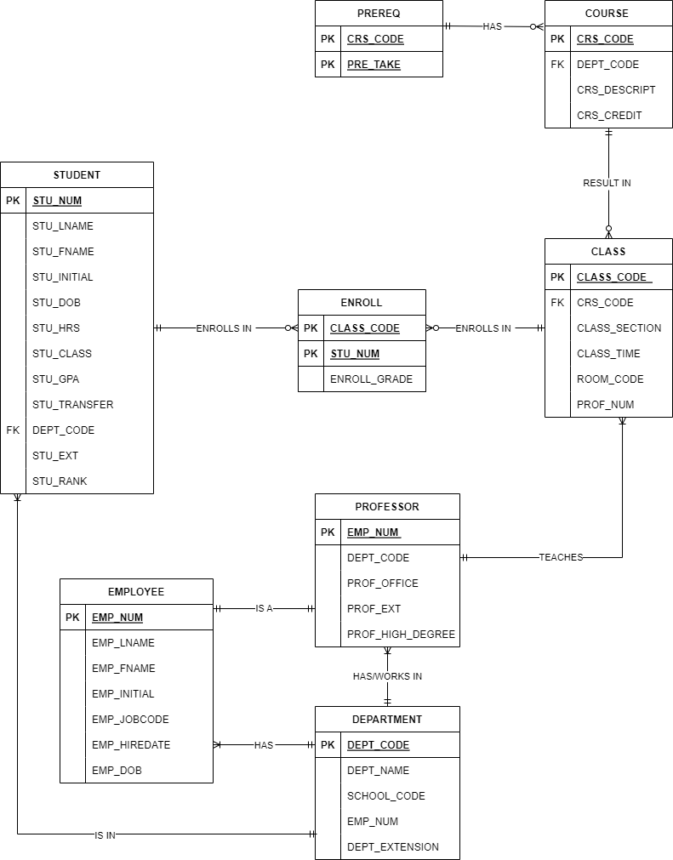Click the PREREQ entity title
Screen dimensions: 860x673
[379, 13]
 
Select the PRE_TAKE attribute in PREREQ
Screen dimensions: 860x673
[374, 65]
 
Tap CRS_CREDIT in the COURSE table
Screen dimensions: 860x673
[609, 116]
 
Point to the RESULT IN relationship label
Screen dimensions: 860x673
[607, 183]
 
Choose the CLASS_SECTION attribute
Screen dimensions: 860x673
[619, 328]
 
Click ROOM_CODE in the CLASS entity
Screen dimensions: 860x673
[610, 379]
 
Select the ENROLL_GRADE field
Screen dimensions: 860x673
[371, 379]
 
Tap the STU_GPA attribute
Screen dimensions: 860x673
[56, 379]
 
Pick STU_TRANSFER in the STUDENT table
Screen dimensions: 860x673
[73, 405]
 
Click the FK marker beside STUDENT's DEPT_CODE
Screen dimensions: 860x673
[13, 430]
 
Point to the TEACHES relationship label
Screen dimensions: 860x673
[561, 558]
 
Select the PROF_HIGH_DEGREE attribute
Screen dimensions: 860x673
[401, 635]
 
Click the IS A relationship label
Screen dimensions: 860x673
[264, 609]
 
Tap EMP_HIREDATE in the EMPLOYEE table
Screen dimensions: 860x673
[131, 745]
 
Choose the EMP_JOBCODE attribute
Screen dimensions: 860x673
[130, 720]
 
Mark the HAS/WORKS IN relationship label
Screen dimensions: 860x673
[387, 677]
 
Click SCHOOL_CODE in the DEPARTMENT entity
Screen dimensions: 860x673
[386, 796]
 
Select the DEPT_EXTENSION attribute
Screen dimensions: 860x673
[393, 847]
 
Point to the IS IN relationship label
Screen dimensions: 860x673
[105, 835]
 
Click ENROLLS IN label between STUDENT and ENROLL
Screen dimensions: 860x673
[224, 328]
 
